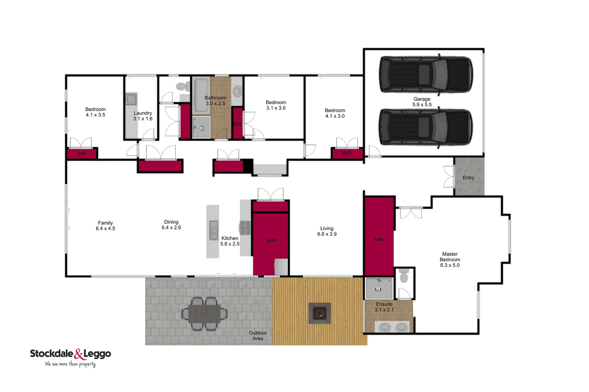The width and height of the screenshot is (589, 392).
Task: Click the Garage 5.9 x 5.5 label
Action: (422, 102)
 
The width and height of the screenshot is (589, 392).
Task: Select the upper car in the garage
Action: (426, 74)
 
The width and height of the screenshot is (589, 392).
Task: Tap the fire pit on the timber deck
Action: (320, 313)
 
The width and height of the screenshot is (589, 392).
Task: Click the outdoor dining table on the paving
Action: (204, 314)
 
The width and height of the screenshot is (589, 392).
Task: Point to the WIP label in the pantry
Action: (271, 241)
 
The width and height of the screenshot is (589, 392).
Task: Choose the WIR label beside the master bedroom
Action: (378, 240)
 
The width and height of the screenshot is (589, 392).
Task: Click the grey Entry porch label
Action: (468, 178)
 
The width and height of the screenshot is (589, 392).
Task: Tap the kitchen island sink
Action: (213, 230)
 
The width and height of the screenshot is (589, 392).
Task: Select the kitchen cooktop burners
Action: (245, 228)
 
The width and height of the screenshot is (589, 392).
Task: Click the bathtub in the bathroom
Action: (201, 95)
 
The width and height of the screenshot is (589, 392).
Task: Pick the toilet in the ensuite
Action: (403, 277)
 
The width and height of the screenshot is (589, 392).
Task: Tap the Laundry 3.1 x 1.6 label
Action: (143, 116)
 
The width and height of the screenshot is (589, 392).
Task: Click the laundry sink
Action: (131, 99)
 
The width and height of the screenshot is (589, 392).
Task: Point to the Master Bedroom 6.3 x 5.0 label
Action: (450, 260)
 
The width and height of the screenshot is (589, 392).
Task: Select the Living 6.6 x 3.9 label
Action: (326, 231)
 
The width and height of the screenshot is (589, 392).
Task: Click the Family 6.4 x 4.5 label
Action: (105, 226)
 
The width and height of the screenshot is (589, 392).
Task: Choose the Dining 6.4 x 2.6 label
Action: (171, 225)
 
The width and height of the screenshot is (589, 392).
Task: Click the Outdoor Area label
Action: (258, 336)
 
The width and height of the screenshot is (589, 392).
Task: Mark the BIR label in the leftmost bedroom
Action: (81, 154)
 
